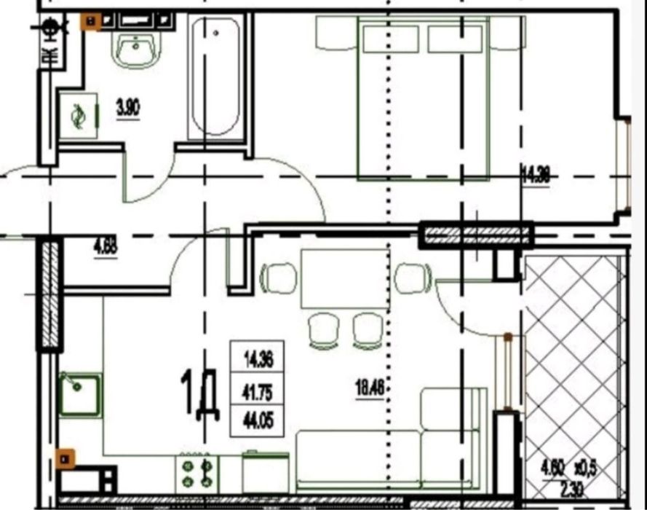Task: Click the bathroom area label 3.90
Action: [127, 109]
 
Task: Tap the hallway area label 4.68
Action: [106, 244]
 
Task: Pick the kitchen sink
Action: [80, 394]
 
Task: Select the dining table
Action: [345, 279]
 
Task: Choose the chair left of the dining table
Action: [279, 278]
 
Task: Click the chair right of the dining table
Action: [413, 278]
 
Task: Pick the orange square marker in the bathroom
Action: [90, 21]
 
